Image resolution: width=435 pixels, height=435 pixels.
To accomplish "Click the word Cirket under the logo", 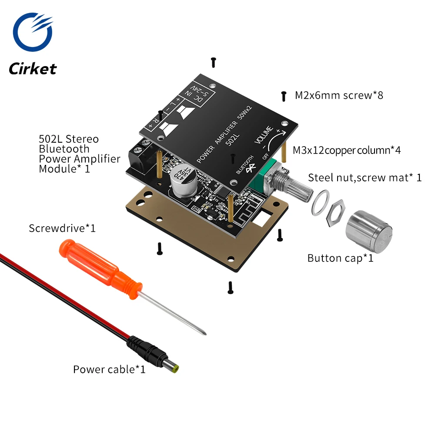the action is [33, 69].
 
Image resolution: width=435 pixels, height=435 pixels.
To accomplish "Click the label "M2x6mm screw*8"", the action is [339, 95].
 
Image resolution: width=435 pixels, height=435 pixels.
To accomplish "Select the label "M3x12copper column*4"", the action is [346, 151].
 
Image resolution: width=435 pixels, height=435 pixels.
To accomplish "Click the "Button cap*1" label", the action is [340, 258].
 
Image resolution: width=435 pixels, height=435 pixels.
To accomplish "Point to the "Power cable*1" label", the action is [109, 369].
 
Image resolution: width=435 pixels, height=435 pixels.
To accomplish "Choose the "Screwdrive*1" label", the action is [62, 228].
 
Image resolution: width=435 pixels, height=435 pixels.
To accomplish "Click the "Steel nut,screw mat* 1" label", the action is [365, 177].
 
